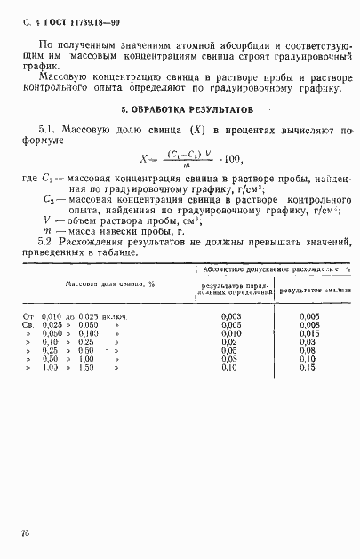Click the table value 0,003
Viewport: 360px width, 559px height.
coord(230,315)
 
